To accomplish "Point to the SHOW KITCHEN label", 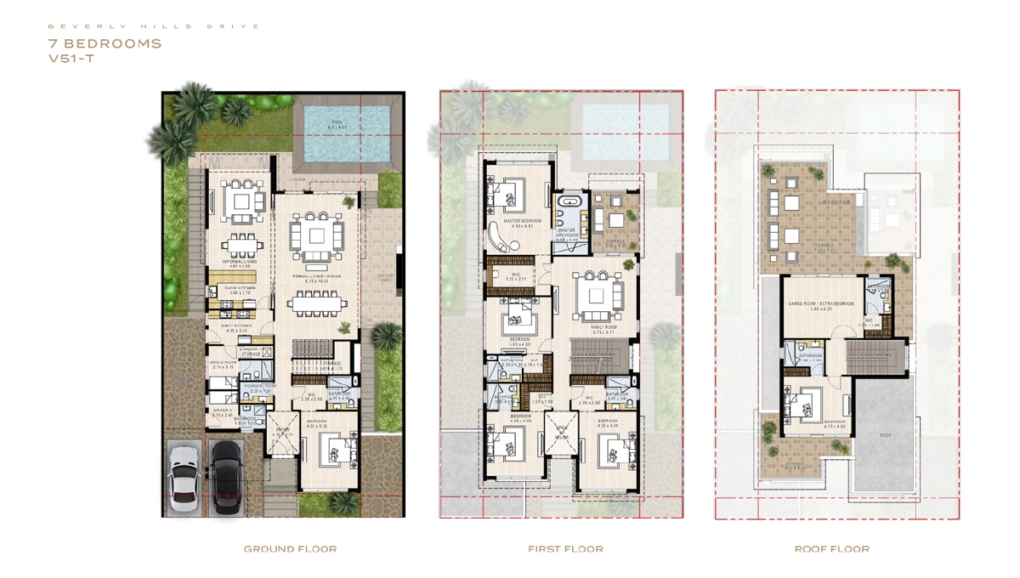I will [239, 288].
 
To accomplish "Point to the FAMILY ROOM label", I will [604, 326].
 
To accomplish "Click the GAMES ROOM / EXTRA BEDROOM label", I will [821, 303].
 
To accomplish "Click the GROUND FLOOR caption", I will [290, 549].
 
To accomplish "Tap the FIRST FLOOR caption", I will [565, 549].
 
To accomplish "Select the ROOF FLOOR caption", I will [831, 549].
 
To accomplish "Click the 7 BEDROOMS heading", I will [105, 43].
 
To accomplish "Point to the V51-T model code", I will [72, 59].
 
